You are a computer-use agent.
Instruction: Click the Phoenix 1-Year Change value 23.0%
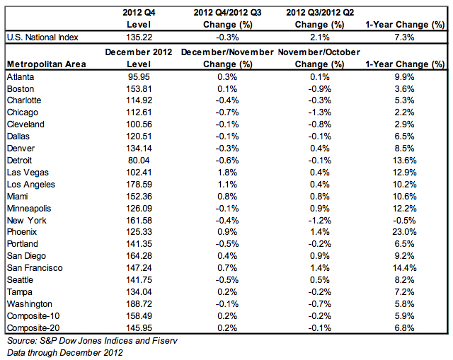point(404,232)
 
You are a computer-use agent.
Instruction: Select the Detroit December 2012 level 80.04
point(139,161)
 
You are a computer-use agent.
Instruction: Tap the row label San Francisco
point(35,268)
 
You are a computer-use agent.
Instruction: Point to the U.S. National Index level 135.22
point(139,37)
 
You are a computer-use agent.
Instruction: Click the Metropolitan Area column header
point(47,64)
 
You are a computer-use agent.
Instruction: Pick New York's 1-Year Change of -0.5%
point(404,221)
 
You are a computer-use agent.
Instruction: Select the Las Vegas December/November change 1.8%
point(227,173)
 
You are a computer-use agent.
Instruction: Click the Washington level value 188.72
point(139,304)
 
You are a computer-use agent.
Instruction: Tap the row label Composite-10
point(33,316)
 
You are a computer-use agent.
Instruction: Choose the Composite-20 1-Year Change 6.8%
point(404,328)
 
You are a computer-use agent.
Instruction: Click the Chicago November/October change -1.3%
point(319,112)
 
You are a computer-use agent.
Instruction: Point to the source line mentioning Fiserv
point(92,341)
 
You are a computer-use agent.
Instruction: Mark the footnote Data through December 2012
point(65,353)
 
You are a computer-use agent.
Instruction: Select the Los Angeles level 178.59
point(139,185)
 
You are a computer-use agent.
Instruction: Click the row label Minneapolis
point(29,209)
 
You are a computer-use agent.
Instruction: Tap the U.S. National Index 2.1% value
point(319,37)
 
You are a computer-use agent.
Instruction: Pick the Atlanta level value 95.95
point(139,77)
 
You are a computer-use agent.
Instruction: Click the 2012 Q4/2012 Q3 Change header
point(227,18)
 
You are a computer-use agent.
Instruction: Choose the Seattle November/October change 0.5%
point(319,280)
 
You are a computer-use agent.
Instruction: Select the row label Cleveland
point(25,124)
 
